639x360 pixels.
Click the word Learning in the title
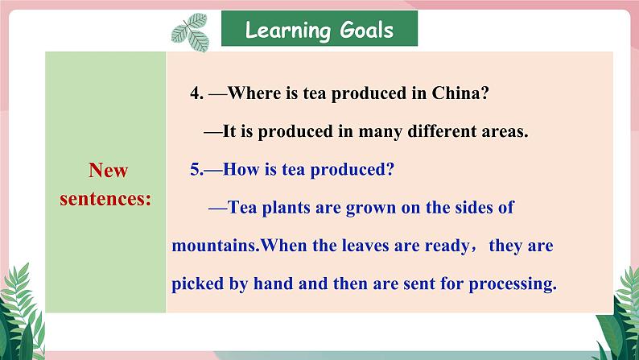[x=288, y=30]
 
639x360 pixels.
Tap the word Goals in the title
[x=367, y=29]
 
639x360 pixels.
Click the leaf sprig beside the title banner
[x=190, y=32]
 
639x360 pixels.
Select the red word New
[x=109, y=170]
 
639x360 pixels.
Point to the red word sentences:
[x=105, y=199]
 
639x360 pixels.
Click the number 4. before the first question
[x=197, y=93]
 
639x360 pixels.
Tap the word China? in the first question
[x=460, y=93]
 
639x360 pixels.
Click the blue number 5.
[x=197, y=169]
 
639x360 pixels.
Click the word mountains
[x=216, y=246]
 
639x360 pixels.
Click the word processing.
[x=513, y=284]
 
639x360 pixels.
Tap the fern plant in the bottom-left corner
[x=21, y=314]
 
